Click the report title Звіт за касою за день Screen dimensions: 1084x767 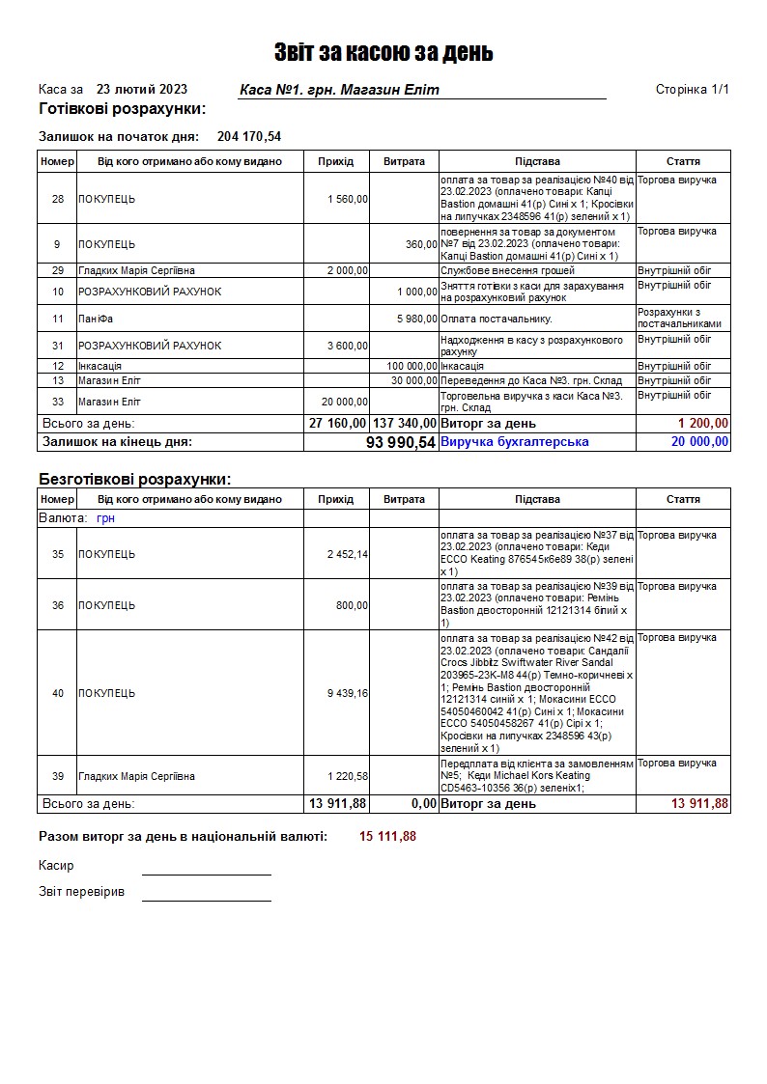[383, 52]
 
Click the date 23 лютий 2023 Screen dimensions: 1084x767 [142, 89]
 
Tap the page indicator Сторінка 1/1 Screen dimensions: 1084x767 [692, 90]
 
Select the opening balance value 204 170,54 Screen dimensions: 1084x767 [249, 136]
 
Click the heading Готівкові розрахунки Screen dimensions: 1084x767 [122, 108]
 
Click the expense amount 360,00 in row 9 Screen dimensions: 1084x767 [421, 244]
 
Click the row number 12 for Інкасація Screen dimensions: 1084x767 [58, 367]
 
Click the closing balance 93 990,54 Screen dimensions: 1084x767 [401, 442]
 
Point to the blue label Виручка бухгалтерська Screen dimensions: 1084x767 [515, 442]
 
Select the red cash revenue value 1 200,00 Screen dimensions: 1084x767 [703, 423]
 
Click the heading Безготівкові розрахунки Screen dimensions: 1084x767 [134, 479]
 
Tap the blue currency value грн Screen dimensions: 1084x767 [106, 518]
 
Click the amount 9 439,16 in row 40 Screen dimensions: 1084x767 [348, 693]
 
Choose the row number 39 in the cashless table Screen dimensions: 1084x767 [58, 776]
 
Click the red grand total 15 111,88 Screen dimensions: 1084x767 [388, 836]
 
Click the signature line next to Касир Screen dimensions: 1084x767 [206, 873]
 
